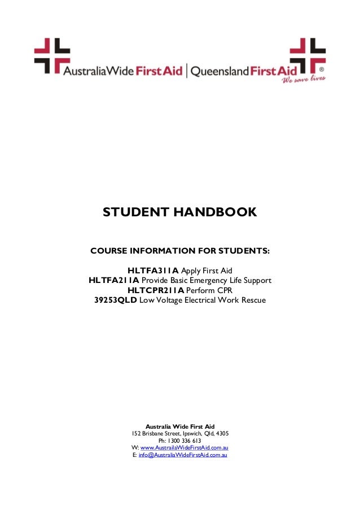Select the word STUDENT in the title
tap(133, 212)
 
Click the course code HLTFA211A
tap(114, 280)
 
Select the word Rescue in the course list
tap(253, 299)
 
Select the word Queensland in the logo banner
tap(220, 71)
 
